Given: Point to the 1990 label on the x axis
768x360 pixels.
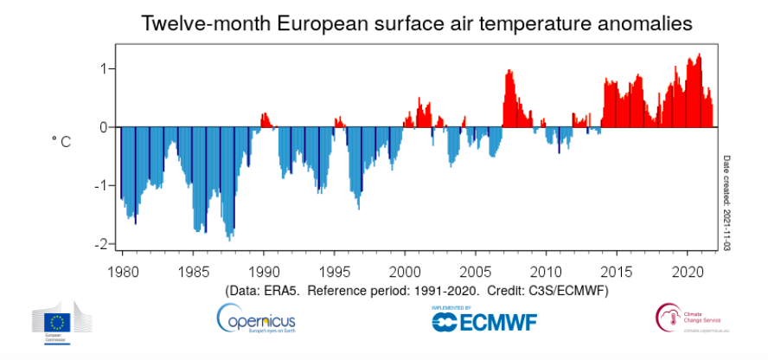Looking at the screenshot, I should point(263,269).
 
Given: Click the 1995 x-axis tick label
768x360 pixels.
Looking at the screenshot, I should point(333,269).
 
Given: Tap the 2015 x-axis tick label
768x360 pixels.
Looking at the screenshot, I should point(617,269).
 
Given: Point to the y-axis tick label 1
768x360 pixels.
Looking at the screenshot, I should point(102,68).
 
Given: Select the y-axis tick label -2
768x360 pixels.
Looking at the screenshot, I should point(99,245).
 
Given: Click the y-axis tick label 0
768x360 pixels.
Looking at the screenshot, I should point(102,127).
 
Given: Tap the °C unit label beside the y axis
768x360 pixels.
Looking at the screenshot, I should point(61,141).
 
